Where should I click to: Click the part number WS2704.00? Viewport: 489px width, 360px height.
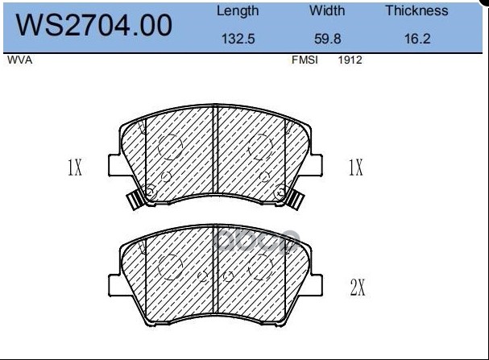pos(94,25)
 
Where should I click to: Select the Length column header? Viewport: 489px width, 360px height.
pos(238,11)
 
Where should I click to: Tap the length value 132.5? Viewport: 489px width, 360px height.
pos(238,39)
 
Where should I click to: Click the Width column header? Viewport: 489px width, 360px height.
pos(327,10)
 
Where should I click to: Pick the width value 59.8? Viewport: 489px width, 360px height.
pos(327,39)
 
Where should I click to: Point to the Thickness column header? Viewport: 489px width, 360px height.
pos(417,10)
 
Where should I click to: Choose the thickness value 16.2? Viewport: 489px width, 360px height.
pos(417,39)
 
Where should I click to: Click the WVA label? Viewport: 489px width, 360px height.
pos(19,60)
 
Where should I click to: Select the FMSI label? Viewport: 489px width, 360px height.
pos(305,60)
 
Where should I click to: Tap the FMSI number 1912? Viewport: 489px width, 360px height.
pos(350,60)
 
